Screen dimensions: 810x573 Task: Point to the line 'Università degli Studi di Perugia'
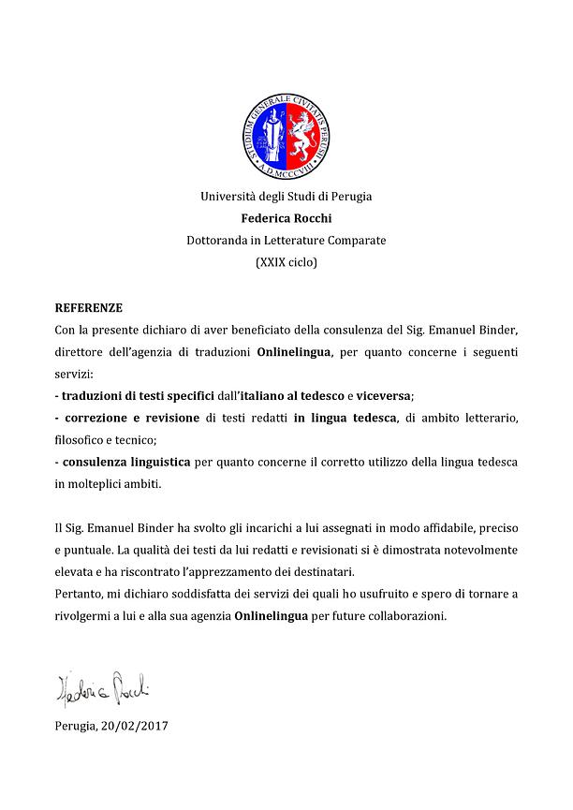pos(286,197)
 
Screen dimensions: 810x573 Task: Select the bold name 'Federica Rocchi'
pos(286,219)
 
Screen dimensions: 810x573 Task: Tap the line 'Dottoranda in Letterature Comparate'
pos(286,241)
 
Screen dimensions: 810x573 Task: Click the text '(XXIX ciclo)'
pos(286,263)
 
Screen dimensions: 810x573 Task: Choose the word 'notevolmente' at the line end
pos(477,551)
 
